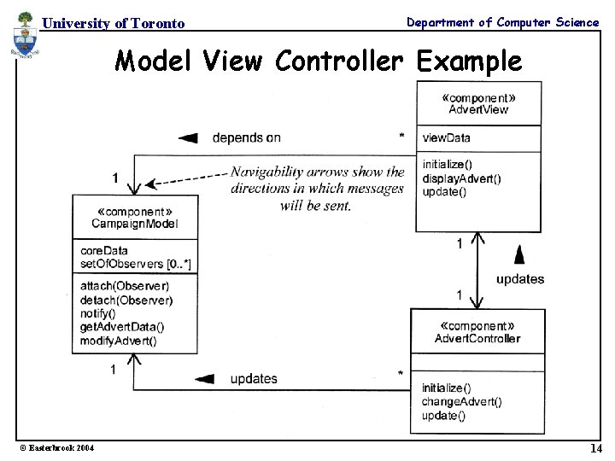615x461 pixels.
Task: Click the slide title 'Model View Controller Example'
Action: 318,61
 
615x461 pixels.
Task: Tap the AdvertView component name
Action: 478,109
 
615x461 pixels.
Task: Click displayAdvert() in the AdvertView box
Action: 461,178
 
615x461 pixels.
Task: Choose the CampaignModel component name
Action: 135,224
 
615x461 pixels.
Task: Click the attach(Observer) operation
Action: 125,286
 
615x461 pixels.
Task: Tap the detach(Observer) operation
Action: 126,300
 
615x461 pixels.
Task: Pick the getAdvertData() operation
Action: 122,327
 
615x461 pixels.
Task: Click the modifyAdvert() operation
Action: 119,341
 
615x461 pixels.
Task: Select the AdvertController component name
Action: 477,338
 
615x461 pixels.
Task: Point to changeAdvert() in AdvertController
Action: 461,401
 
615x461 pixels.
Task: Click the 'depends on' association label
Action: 246,137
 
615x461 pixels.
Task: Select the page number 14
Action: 595,448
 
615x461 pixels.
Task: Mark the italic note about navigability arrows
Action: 317,189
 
